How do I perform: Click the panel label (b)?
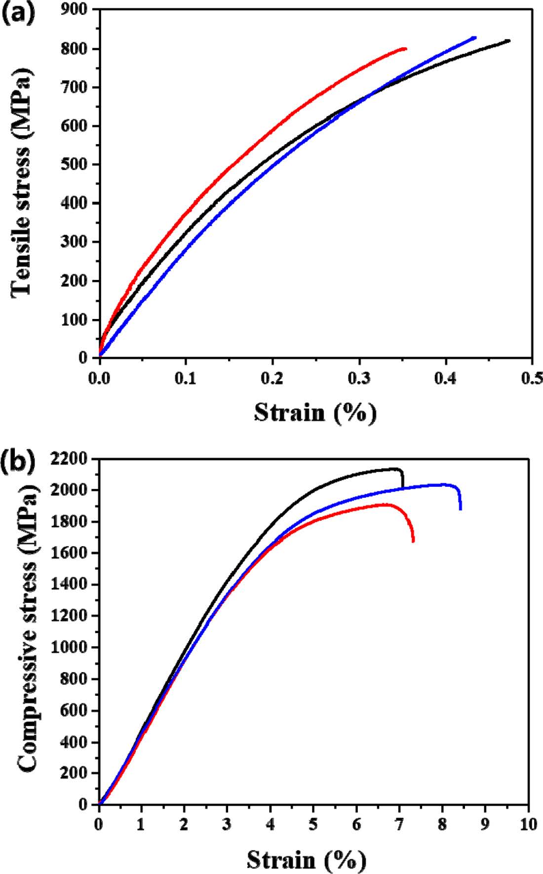[19, 461]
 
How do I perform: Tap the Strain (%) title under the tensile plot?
[315, 412]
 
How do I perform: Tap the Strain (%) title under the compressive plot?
[306, 860]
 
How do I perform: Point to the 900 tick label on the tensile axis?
[76, 10]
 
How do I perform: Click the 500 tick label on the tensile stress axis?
[76, 165]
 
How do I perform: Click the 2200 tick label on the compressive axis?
[69, 459]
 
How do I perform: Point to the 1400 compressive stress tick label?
[69, 585]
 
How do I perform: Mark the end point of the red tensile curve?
[405, 48]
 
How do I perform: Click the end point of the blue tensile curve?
[474, 38]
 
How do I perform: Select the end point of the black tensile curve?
[508, 41]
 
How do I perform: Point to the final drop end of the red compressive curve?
[413, 541]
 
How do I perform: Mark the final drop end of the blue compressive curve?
[461, 509]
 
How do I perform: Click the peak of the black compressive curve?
[395, 469]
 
